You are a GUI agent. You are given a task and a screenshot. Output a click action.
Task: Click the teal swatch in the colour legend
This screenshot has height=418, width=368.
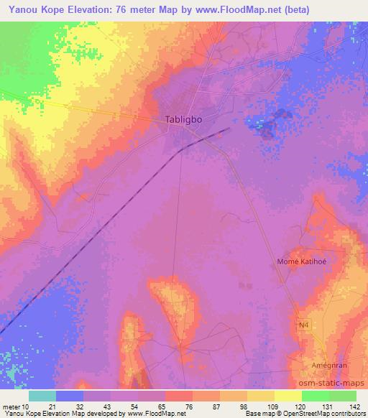pyautogui.click(x=42, y=396)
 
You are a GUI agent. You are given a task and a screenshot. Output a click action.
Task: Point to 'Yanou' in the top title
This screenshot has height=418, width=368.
pyautogui.click(x=19, y=9)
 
